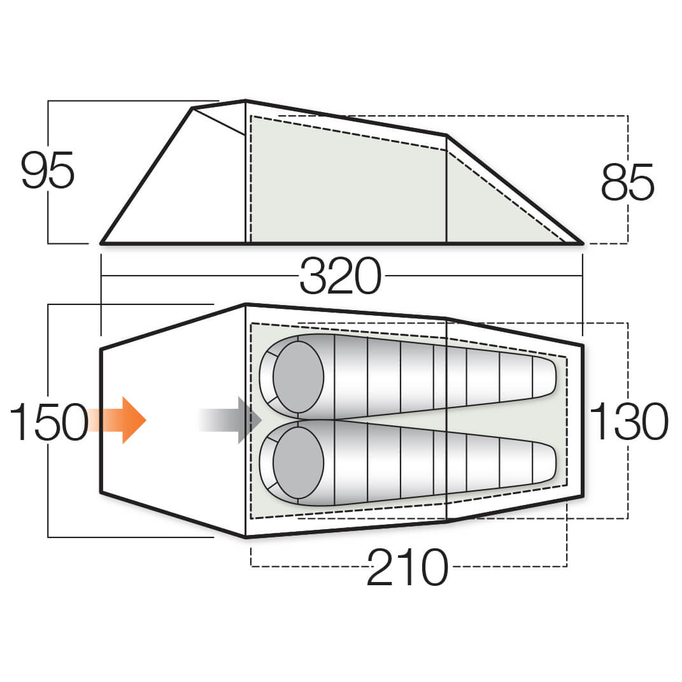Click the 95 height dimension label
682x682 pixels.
(48, 170)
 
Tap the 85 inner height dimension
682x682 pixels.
(627, 182)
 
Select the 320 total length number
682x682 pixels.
(341, 276)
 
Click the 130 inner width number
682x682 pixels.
(629, 421)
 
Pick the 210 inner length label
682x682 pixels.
(407, 567)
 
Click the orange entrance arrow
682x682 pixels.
(117, 420)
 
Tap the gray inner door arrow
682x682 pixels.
(231, 420)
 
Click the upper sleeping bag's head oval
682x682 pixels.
(299, 377)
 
